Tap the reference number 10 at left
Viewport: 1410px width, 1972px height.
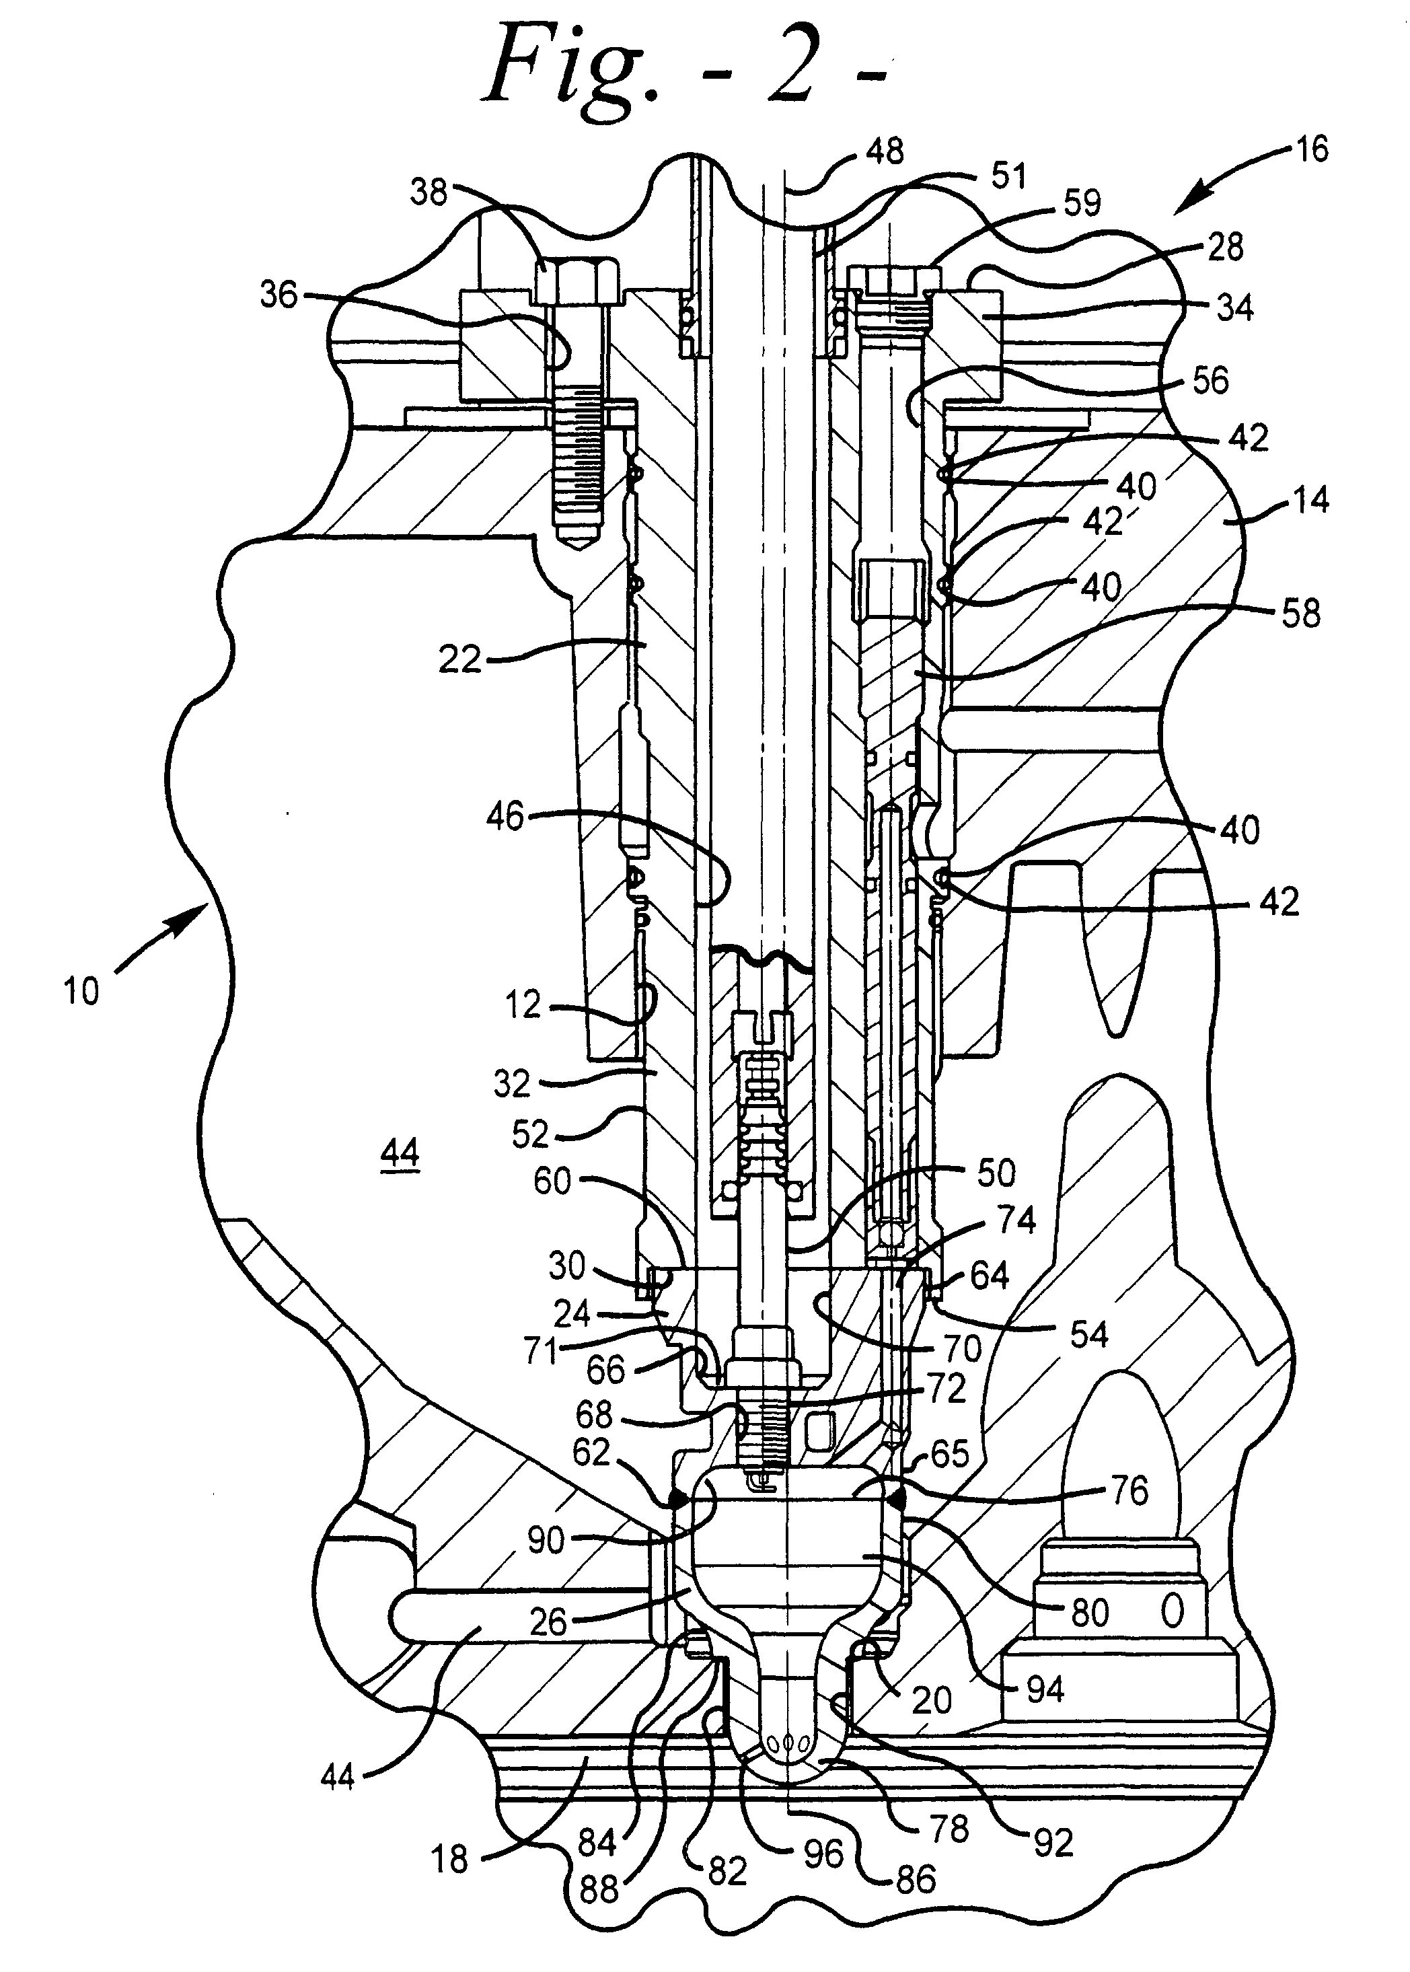click(81, 991)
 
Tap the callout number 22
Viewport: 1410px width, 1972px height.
click(459, 660)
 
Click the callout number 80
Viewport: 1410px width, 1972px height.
click(1090, 1613)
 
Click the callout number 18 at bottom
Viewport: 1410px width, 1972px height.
click(450, 1858)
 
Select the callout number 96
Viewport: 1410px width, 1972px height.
click(822, 1854)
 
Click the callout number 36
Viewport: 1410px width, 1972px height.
click(279, 295)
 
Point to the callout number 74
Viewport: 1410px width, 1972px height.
click(1016, 1219)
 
